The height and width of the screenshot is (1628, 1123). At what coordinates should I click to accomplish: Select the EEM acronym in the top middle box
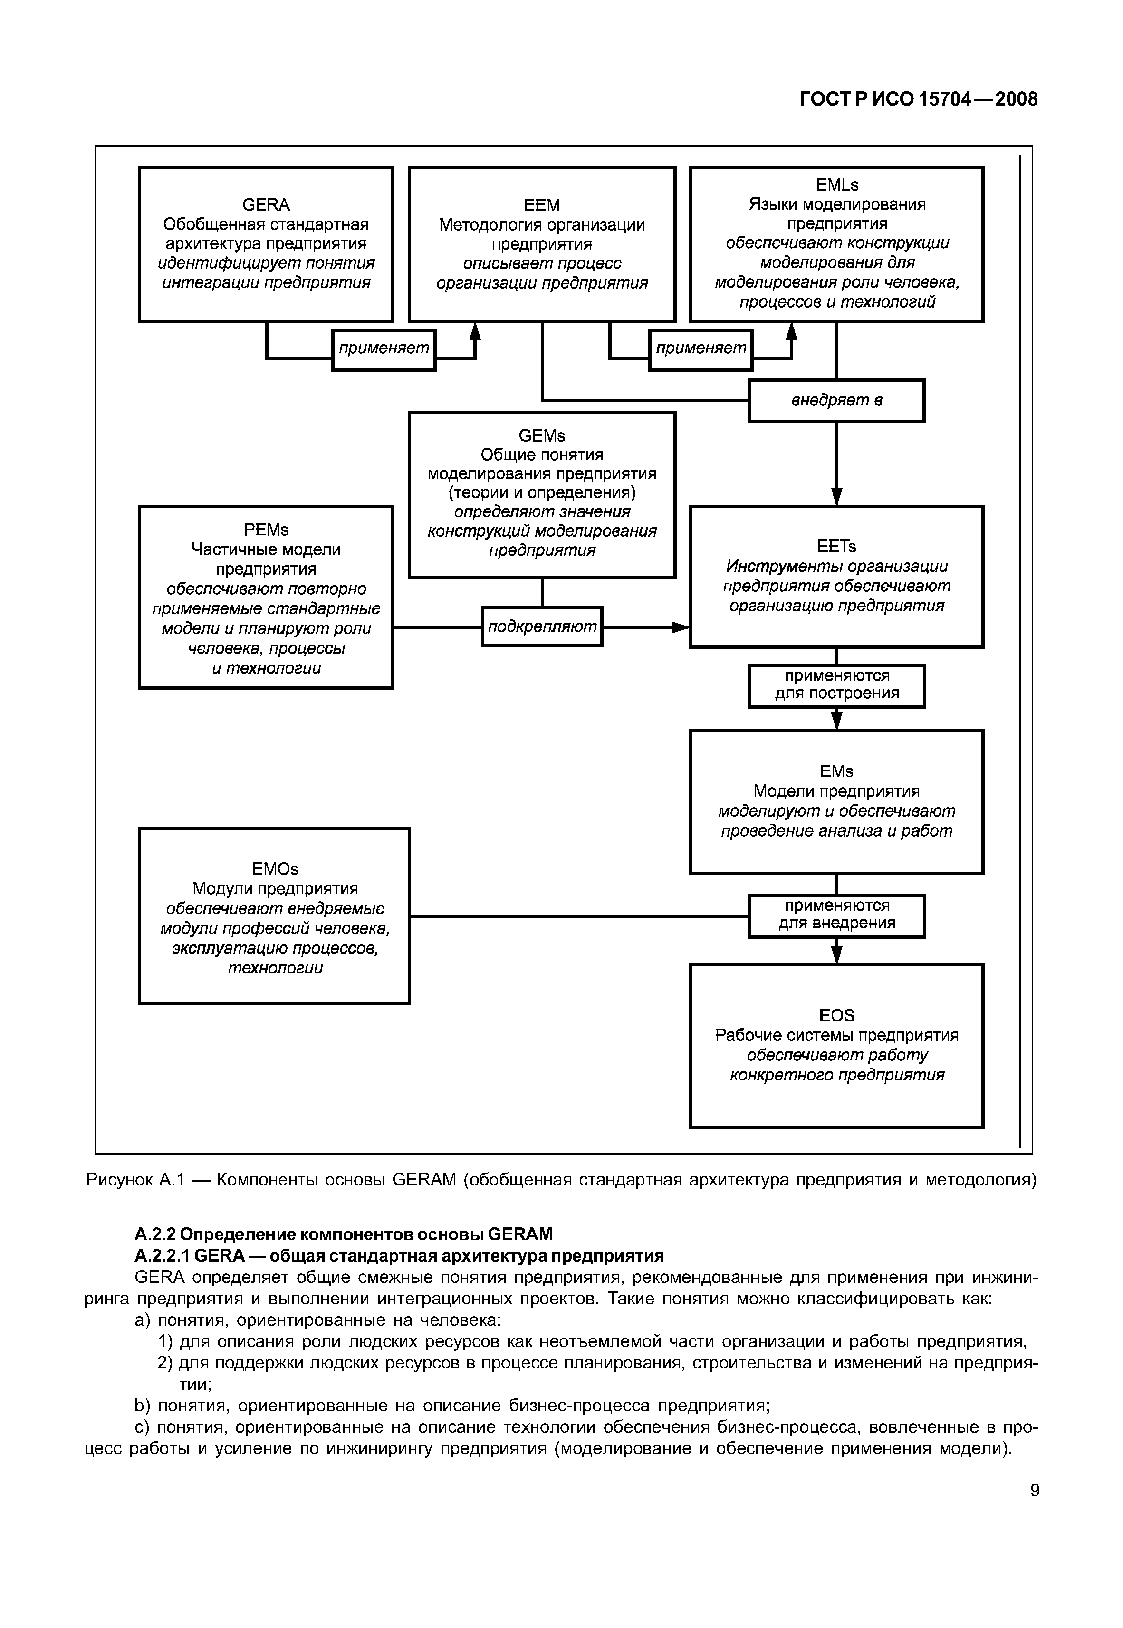tap(542, 205)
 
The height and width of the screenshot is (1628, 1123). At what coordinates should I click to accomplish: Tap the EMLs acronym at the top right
tap(836, 185)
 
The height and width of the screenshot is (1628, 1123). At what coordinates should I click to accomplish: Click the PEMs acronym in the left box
tap(266, 530)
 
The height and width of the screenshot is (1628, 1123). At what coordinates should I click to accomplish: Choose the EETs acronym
tap(836, 547)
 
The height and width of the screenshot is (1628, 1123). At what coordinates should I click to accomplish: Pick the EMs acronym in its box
tap(836, 772)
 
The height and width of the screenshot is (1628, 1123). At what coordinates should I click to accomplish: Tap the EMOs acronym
tap(274, 869)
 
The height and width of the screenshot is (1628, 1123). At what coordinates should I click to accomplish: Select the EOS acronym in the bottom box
tap(836, 1015)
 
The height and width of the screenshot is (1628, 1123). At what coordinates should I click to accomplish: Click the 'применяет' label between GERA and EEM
tap(384, 349)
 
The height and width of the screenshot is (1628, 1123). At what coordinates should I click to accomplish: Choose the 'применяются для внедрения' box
tap(836, 915)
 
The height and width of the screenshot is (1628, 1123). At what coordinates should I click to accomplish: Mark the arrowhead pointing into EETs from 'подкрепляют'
tap(681, 627)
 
